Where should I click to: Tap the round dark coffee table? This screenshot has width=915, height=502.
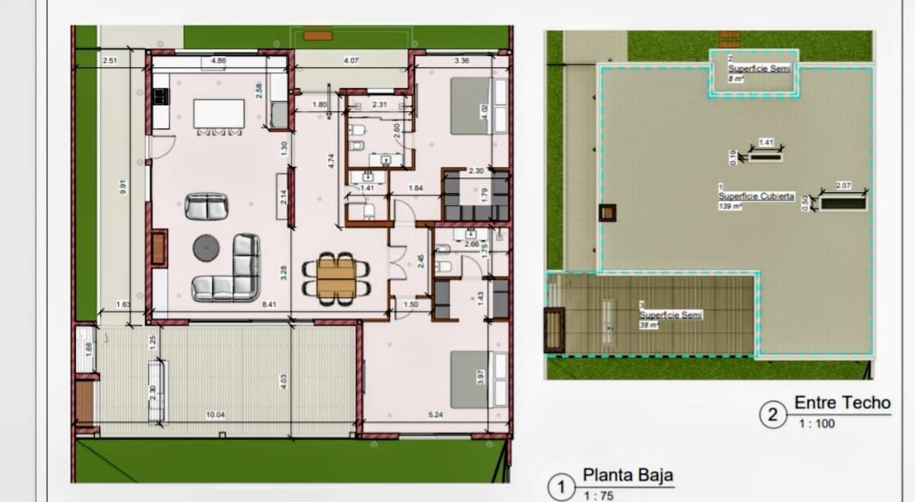pyautogui.click(x=206, y=248)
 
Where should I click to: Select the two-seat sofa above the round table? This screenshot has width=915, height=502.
pyautogui.click(x=206, y=206)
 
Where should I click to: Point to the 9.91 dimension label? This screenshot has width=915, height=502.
pyautogui.click(x=123, y=187)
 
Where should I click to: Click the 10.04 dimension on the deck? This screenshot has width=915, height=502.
pyautogui.click(x=216, y=415)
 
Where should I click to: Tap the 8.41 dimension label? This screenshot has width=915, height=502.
pyautogui.click(x=269, y=304)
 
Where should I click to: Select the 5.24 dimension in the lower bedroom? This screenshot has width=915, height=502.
pyautogui.click(x=435, y=415)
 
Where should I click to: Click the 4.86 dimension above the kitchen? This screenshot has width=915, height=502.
pyautogui.click(x=218, y=60)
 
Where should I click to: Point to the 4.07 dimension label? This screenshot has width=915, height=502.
pyautogui.click(x=351, y=60)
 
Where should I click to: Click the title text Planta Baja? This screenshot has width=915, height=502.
pyautogui.click(x=627, y=475)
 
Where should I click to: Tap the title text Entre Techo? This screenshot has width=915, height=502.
pyautogui.click(x=842, y=403)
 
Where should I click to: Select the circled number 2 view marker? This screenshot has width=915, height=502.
pyautogui.click(x=772, y=415)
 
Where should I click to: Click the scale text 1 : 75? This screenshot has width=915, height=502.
pyautogui.click(x=599, y=495)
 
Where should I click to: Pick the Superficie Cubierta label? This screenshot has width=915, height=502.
pyautogui.click(x=756, y=196)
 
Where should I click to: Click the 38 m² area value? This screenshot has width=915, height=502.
pyautogui.click(x=649, y=325)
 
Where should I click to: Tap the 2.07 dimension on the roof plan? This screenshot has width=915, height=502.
pyautogui.click(x=843, y=185)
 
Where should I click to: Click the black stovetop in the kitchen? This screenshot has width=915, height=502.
pyautogui.click(x=161, y=96)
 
